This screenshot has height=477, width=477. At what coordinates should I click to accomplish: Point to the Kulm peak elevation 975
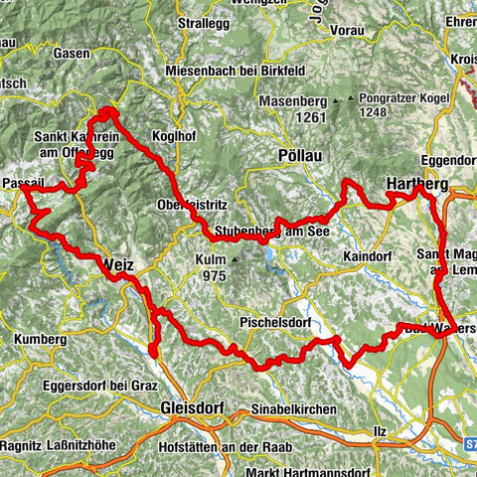point(213,276)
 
